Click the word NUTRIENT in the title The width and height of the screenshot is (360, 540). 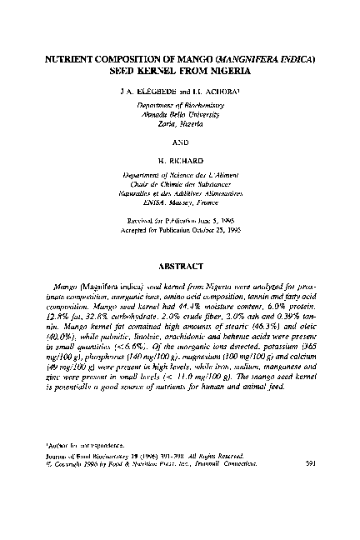pyautogui.click(x=73, y=61)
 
